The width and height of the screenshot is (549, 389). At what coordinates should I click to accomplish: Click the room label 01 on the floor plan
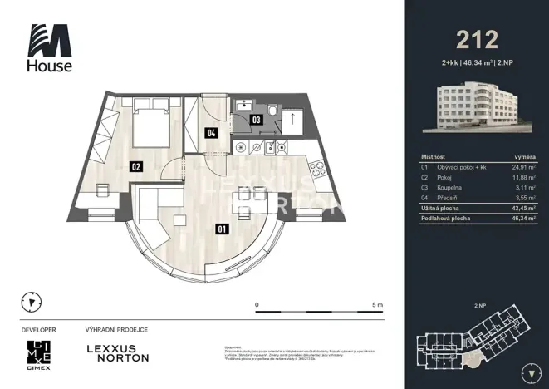(222, 229)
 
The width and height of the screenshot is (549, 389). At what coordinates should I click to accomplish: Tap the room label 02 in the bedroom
(135, 166)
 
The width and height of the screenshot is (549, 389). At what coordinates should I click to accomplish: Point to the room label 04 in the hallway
(212, 132)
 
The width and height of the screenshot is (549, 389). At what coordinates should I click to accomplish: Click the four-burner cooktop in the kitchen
(257, 148)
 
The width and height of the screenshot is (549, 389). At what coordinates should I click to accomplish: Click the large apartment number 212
(477, 39)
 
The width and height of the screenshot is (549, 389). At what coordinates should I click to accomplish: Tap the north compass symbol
(32, 302)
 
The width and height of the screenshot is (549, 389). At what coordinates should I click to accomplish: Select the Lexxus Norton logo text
(118, 352)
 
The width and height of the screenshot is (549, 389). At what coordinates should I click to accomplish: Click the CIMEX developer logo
(39, 353)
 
